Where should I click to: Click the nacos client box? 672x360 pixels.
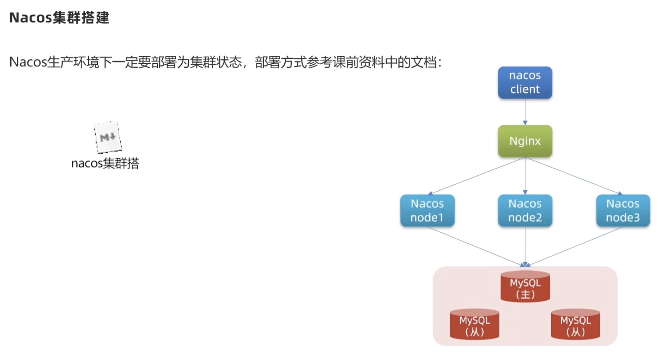coord(525,82)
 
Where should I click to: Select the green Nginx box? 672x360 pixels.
coord(525,141)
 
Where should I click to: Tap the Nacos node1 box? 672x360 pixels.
coord(427,210)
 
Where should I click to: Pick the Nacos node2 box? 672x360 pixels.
coord(525,210)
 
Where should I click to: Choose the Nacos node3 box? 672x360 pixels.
coord(623,210)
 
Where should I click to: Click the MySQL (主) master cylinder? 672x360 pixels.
coord(525,287)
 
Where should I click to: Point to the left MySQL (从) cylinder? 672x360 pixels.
coord(474,325)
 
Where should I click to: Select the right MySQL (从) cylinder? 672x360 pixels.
coord(575,325)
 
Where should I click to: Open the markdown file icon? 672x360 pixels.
coord(107,137)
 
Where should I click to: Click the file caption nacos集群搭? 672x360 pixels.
coord(105,163)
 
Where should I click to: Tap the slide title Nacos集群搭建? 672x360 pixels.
coord(59,17)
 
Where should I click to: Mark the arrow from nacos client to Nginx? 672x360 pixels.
coord(525,112)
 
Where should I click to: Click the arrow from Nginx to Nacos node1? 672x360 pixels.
coord(477,176)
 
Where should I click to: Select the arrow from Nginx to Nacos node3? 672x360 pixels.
coord(573,176)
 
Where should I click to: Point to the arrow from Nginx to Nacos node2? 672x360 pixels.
coord(525,176)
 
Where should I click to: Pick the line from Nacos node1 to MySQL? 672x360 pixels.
coord(475,246)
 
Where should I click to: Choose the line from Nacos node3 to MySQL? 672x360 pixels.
coord(574,246)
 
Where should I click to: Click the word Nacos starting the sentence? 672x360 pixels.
coord(28,62)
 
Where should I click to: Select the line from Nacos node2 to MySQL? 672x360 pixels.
coord(525,245)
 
